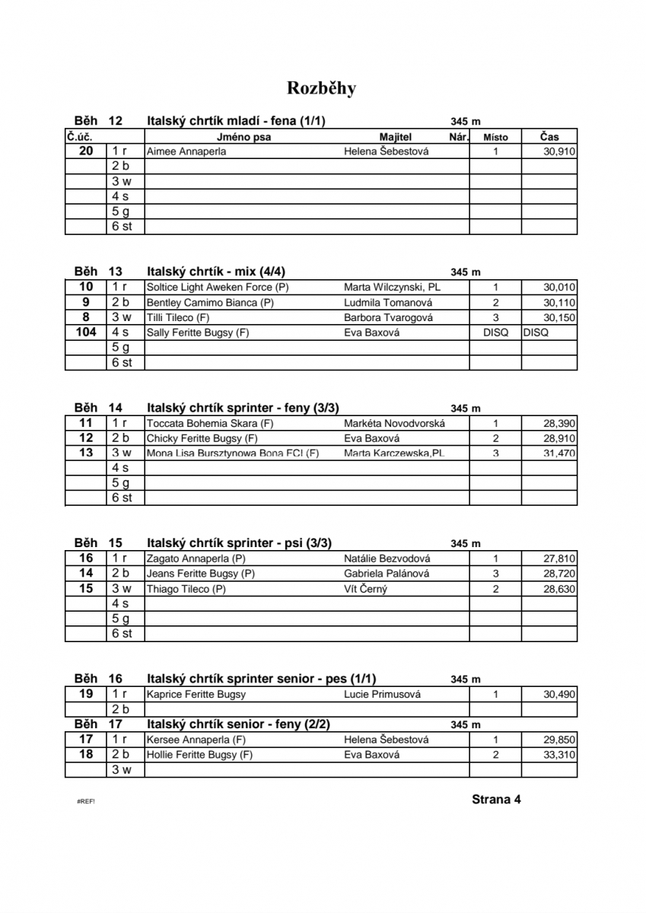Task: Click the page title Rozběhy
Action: click(321, 88)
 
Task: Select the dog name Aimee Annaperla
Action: click(186, 151)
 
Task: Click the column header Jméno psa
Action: click(243, 137)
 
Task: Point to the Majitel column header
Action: click(395, 137)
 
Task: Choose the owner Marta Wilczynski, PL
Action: click(392, 288)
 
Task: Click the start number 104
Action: click(86, 332)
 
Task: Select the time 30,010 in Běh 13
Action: click(559, 288)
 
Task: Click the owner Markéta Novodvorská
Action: click(394, 424)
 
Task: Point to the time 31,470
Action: click(559, 453)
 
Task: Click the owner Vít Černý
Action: click(365, 589)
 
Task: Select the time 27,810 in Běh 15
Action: click(559, 559)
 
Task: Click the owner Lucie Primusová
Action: click(382, 695)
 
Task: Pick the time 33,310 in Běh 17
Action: click(559, 756)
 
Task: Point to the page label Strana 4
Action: click(496, 800)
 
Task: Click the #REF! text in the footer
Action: click(86, 802)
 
